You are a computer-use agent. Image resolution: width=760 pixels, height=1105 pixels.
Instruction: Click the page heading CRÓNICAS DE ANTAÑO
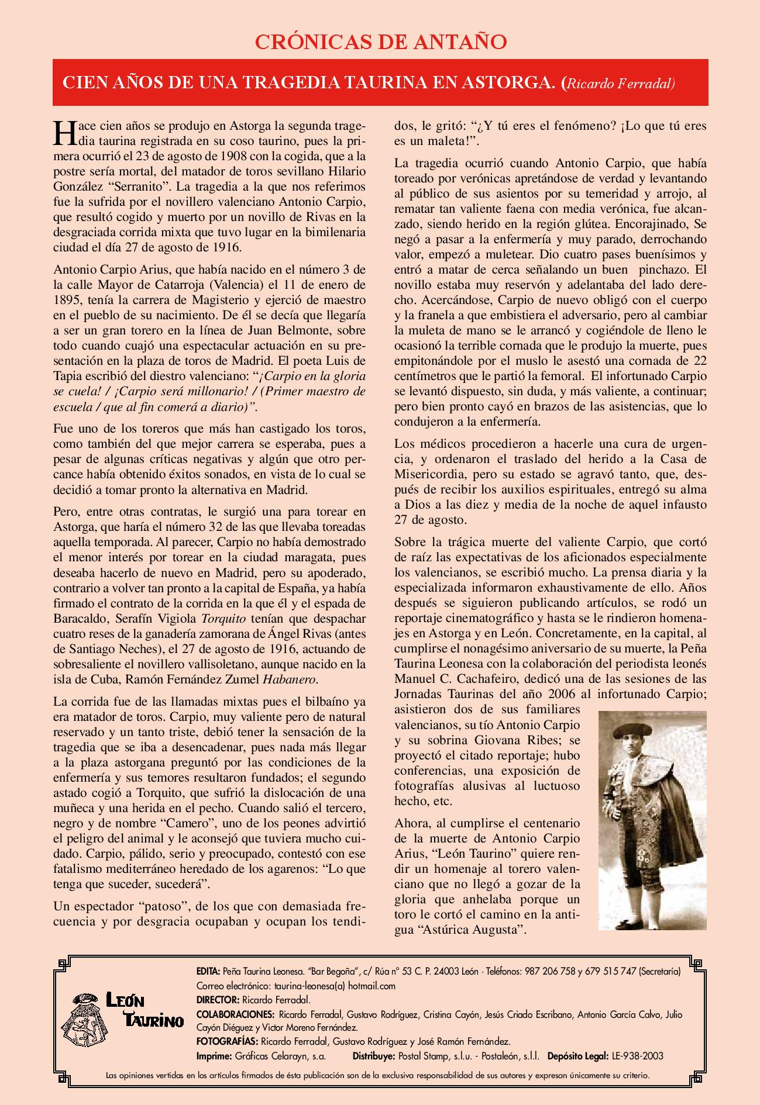click(380, 42)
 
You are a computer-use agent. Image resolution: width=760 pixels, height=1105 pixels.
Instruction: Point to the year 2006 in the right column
click(565, 695)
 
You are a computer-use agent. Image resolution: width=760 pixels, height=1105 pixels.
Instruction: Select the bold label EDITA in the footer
click(208, 971)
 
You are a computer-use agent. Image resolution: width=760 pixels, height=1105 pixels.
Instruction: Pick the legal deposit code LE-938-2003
click(638, 1056)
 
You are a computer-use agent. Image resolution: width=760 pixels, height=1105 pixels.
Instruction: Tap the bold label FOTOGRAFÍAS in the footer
click(227, 1042)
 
